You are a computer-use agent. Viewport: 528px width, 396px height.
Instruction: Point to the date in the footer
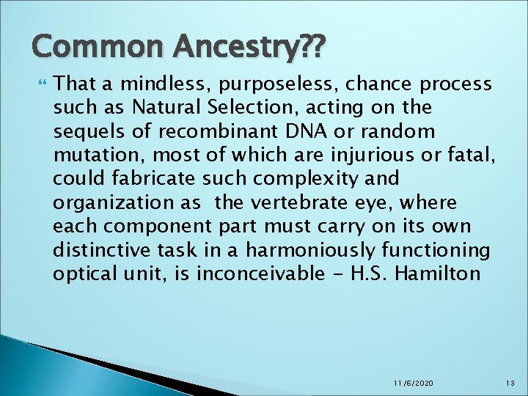click(x=412, y=383)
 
